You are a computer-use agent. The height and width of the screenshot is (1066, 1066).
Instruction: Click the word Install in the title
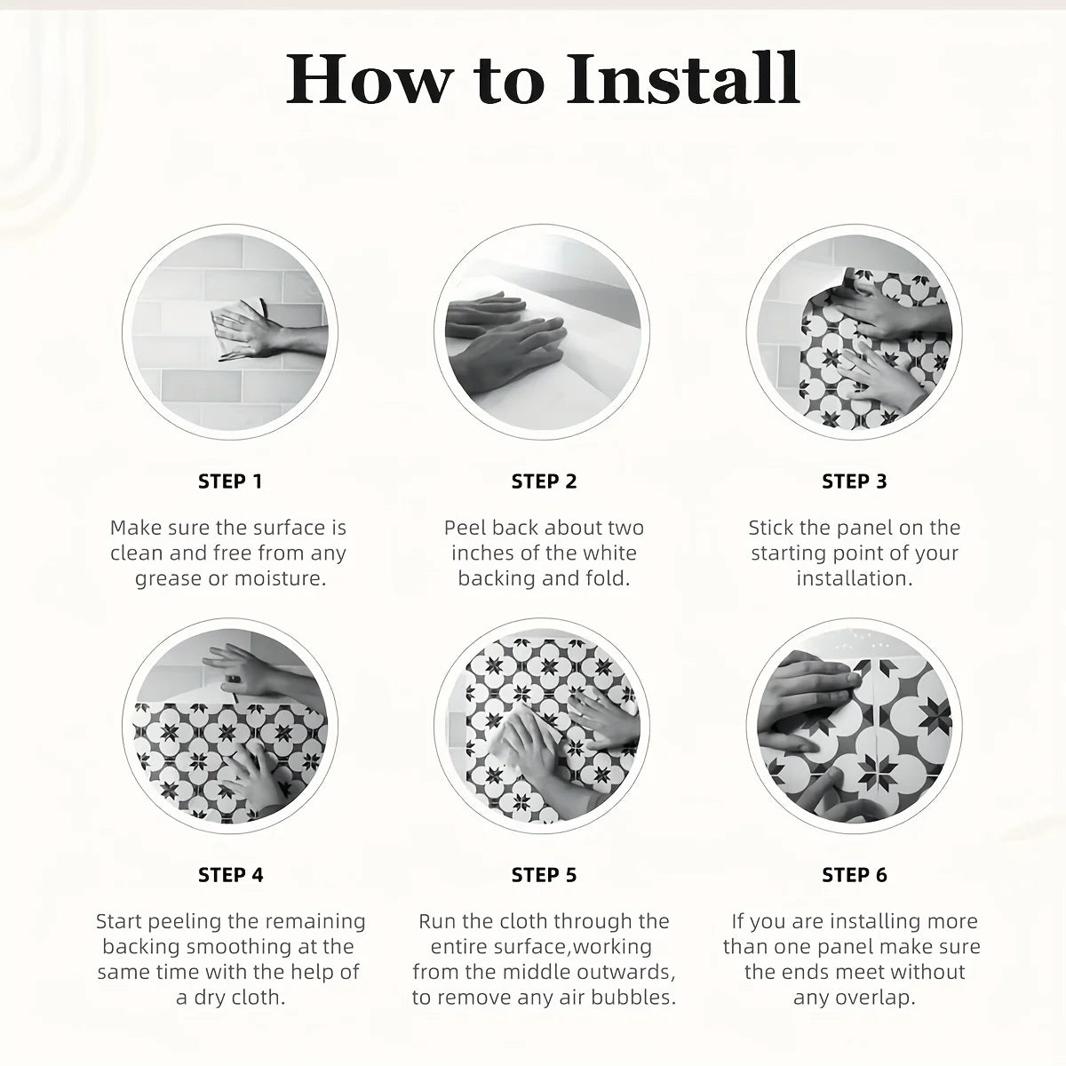click(x=683, y=78)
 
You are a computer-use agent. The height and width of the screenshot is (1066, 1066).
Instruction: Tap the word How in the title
click(x=369, y=78)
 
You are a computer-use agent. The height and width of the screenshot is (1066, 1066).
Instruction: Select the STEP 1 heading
click(x=230, y=481)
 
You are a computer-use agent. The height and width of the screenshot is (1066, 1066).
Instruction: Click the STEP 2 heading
click(x=544, y=481)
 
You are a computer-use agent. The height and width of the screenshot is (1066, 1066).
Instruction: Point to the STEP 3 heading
click(x=854, y=481)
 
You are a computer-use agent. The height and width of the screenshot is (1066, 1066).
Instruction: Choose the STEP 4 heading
click(x=231, y=875)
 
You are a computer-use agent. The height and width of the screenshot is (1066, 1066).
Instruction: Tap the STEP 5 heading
click(x=544, y=875)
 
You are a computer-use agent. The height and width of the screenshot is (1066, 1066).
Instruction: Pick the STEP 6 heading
click(x=854, y=875)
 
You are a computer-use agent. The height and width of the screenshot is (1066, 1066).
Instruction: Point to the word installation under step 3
click(x=854, y=578)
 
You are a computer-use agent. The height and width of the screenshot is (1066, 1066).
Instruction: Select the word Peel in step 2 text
click(x=465, y=528)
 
